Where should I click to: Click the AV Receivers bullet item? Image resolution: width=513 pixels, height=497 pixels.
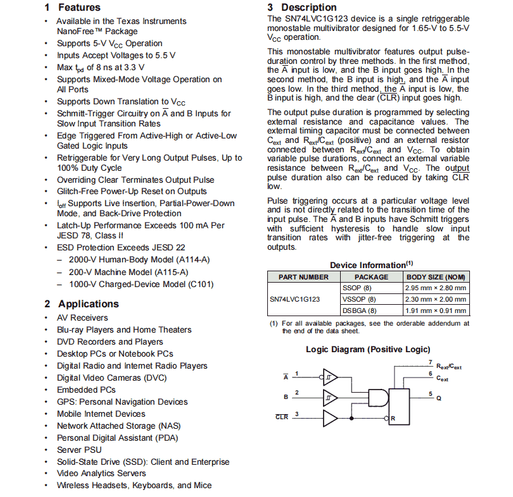pos(82,318)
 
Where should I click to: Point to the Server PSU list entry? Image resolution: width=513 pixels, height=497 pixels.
pos(79,450)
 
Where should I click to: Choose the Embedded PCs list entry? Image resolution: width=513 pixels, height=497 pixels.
pos(86,390)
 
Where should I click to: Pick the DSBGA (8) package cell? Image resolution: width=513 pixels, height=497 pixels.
pos(359,310)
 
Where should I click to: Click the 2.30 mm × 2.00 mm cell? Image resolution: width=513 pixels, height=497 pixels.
pos(436,299)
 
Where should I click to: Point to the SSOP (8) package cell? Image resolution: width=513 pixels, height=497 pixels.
pos(357,288)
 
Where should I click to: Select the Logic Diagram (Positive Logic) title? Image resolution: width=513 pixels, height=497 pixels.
pos(368,349)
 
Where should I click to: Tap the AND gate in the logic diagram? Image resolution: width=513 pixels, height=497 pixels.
pos(377,397)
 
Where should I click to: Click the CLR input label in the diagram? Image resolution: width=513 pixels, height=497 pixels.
pos(282,417)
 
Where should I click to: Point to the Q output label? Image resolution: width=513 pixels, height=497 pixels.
pos(438,398)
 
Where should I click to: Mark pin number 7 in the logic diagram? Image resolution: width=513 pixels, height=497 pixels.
pos(430,363)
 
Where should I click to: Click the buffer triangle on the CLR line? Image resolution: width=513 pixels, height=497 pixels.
pos(331,417)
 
